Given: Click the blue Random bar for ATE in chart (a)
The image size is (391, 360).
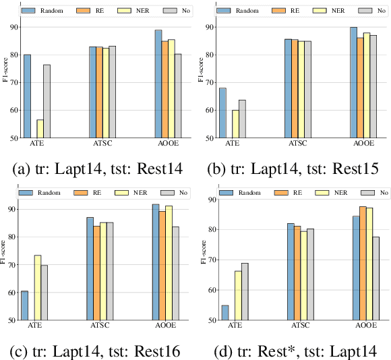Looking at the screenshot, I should [x=27, y=96].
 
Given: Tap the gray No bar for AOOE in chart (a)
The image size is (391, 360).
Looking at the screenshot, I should [x=177, y=96].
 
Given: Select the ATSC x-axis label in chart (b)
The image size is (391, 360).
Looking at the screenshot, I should [x=295, y=144].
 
